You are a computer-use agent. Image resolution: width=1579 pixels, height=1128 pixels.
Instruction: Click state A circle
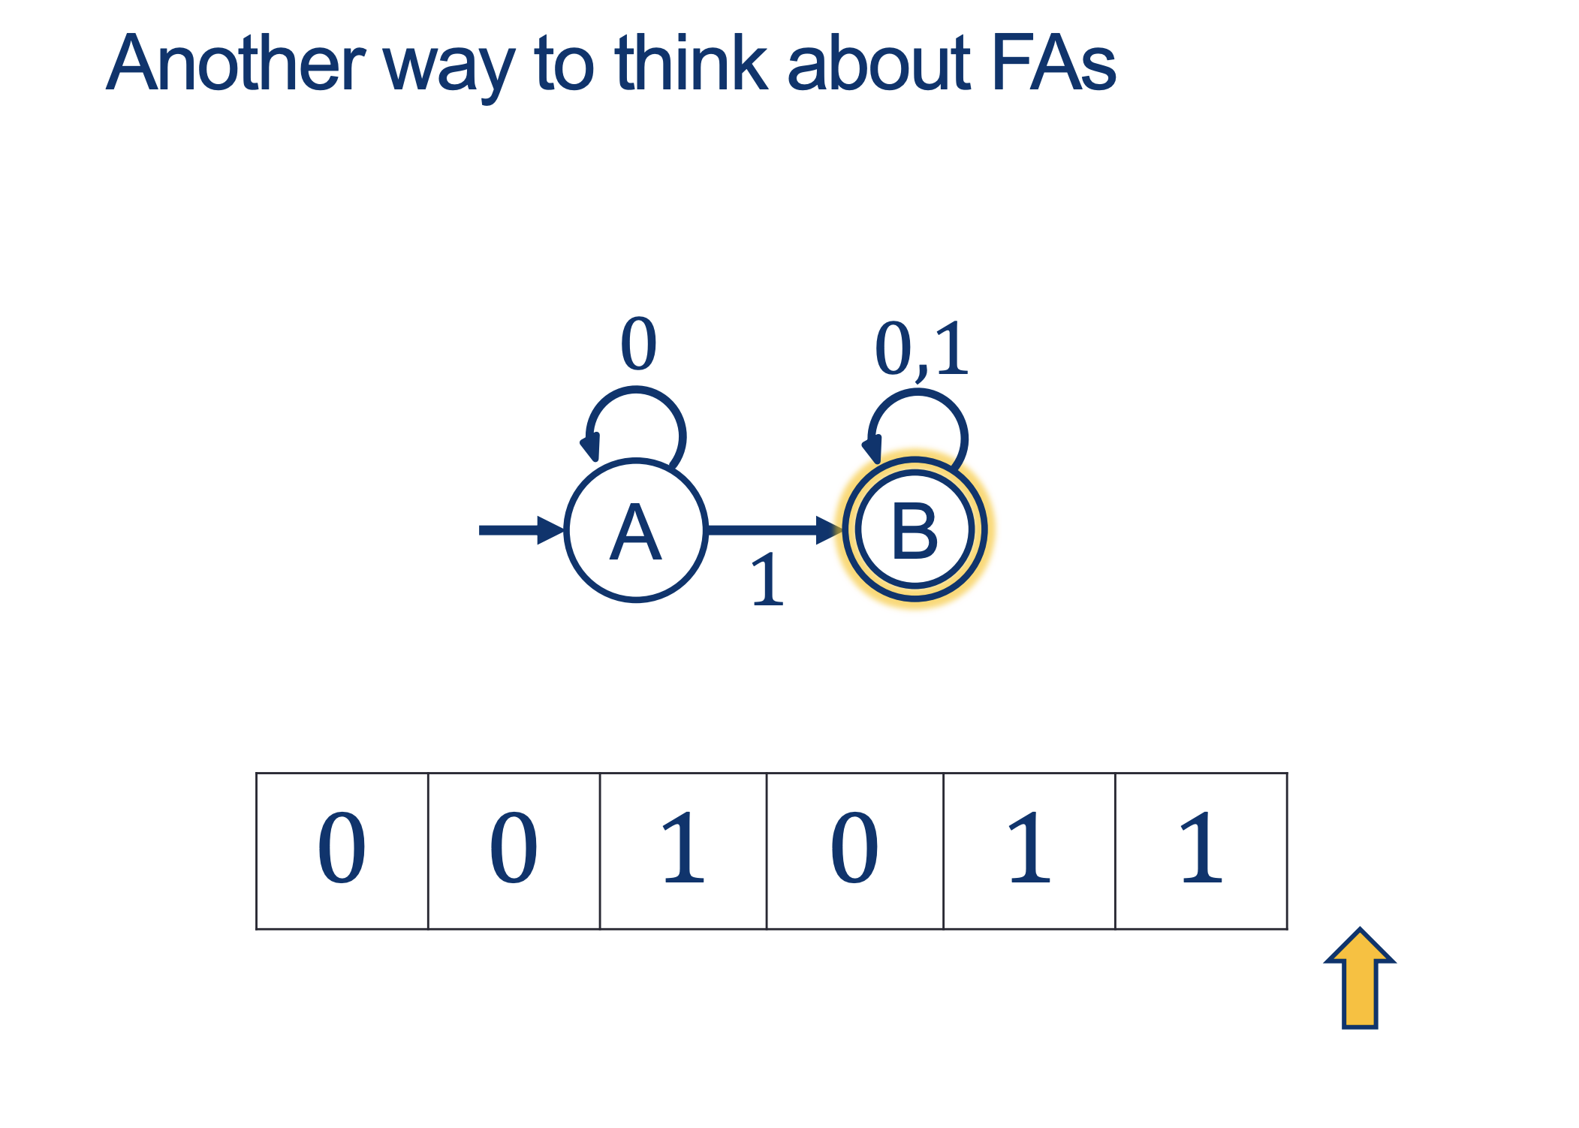coord(635,530)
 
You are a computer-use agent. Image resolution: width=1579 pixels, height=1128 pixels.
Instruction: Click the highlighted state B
coord(915,530)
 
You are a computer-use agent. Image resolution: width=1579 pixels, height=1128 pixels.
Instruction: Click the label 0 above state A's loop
coord(638,344)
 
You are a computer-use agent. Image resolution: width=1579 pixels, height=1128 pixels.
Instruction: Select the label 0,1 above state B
coord(921,349)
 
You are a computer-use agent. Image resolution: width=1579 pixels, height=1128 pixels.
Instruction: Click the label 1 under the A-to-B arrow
coord(767,580)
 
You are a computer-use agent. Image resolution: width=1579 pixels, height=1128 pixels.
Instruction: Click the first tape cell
coord(342,851)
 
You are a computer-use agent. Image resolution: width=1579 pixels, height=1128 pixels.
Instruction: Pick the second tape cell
coord(514,851)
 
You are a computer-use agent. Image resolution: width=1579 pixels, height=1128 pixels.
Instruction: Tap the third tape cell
coord(683,851)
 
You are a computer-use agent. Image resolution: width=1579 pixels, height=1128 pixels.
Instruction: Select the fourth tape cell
coord(854,851)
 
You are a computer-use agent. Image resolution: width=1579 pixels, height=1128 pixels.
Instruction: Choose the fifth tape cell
coord(1029,851)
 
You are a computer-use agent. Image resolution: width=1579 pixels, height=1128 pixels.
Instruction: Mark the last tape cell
coord(1201,851)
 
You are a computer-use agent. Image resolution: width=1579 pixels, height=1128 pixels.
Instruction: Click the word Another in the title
coord(236,64)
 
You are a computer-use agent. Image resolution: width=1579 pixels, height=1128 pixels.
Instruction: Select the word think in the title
coord(692,64)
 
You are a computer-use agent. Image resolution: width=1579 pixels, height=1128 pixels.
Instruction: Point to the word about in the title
coord(878,64)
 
